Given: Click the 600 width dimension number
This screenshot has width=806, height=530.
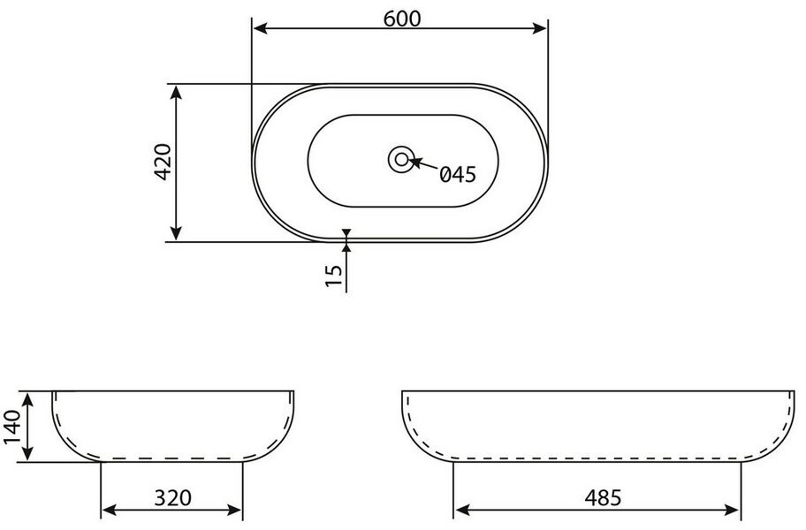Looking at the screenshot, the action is pos(402,19).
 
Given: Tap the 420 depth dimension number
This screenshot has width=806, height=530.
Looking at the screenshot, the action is pos(163,162).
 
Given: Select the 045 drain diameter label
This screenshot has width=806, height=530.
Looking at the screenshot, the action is pos(458,175).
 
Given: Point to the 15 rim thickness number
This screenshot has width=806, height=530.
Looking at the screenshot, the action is pos(334,276).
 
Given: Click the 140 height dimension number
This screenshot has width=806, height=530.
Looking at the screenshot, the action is pos(11,428).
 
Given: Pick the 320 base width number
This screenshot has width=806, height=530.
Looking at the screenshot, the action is pos(172,497).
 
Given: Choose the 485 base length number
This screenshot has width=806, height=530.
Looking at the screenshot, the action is pos(603,497).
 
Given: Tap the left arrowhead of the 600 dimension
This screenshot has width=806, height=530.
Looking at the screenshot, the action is pos(261,28).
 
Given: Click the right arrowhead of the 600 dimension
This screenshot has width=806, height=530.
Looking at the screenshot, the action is pos(540,28).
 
